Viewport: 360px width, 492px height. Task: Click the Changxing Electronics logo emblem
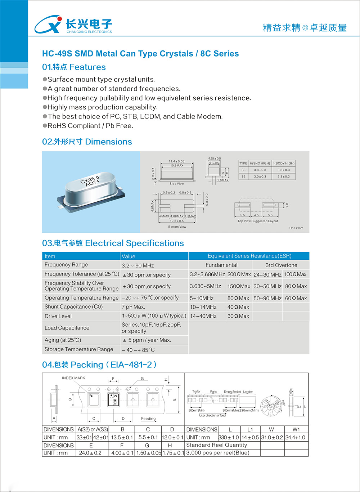coord(48,24)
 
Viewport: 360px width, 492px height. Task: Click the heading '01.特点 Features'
coord(74,67)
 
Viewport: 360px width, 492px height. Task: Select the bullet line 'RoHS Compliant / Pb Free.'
coord(90,126)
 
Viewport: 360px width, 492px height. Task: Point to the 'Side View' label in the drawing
coord(176,184)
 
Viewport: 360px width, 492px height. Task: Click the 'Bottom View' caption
coord(177,227)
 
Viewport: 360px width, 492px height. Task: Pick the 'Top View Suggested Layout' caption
coord(258,221)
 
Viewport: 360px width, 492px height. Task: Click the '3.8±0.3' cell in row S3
coord(260,170)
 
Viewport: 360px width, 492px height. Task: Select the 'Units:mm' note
coord(296,228)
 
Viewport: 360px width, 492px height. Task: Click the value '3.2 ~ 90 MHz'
coord(138,265)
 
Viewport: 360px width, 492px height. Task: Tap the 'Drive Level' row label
coord(58,316)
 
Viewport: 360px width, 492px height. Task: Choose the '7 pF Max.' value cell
coord(134,307)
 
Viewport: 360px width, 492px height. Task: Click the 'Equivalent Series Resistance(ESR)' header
coord(249,256)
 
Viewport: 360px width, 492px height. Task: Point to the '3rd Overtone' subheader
coord(281,265)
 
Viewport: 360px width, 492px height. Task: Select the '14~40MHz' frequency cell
coord(203,316)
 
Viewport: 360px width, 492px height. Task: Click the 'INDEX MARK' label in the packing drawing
coord(73,378)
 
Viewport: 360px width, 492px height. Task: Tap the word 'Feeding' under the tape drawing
coord(148,419)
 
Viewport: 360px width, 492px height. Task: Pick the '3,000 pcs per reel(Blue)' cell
coord(218,453)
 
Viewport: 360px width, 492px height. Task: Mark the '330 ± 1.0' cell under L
coord(229,437)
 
